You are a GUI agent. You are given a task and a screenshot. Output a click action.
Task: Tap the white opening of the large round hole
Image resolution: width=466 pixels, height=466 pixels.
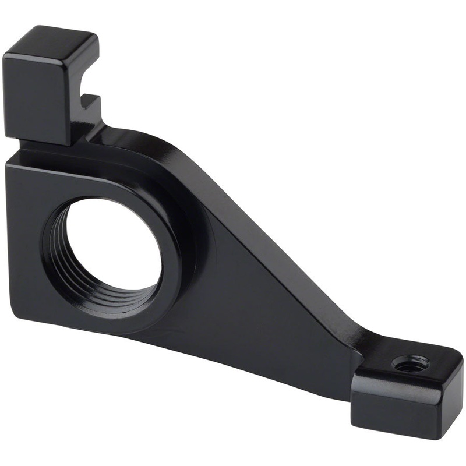[116, 245]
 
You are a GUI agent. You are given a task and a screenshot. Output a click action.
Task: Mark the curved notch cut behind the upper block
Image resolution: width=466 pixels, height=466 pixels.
[87, 87]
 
